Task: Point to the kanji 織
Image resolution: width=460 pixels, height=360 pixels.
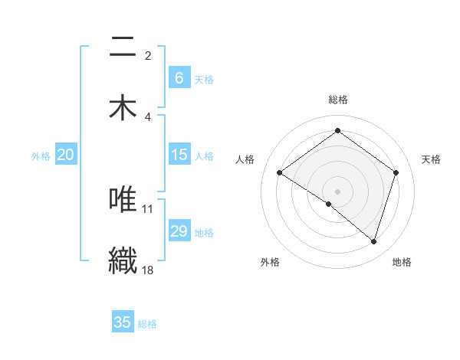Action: click(123, 258)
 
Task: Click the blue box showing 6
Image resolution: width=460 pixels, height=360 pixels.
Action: click(179, 77)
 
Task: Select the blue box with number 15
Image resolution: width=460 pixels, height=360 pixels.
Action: click(179, 155)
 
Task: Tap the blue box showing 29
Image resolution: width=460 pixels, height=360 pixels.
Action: click(179, 231)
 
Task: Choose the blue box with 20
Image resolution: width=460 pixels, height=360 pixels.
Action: click(65, 155)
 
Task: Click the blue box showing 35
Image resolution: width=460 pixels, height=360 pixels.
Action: click(123, 322)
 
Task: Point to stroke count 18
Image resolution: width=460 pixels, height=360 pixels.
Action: click(149, 270)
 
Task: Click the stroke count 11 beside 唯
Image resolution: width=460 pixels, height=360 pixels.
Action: click(148, 208)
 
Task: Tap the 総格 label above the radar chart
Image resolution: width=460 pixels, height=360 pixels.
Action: click(338, 100)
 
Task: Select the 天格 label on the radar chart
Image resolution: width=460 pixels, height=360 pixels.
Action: click(432, 159)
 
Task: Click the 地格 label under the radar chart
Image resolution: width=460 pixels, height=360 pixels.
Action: click(402, 262)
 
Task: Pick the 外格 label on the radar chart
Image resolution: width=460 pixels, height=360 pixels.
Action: click(270, 262)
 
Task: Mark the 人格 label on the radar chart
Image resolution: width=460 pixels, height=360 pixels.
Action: click(245, 159)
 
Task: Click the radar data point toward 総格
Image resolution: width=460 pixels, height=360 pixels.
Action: click(337, 131)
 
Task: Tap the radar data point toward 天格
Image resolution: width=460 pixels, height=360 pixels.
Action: click(396, 173)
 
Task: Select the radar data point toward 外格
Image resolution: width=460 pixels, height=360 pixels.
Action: click(329, 204)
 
